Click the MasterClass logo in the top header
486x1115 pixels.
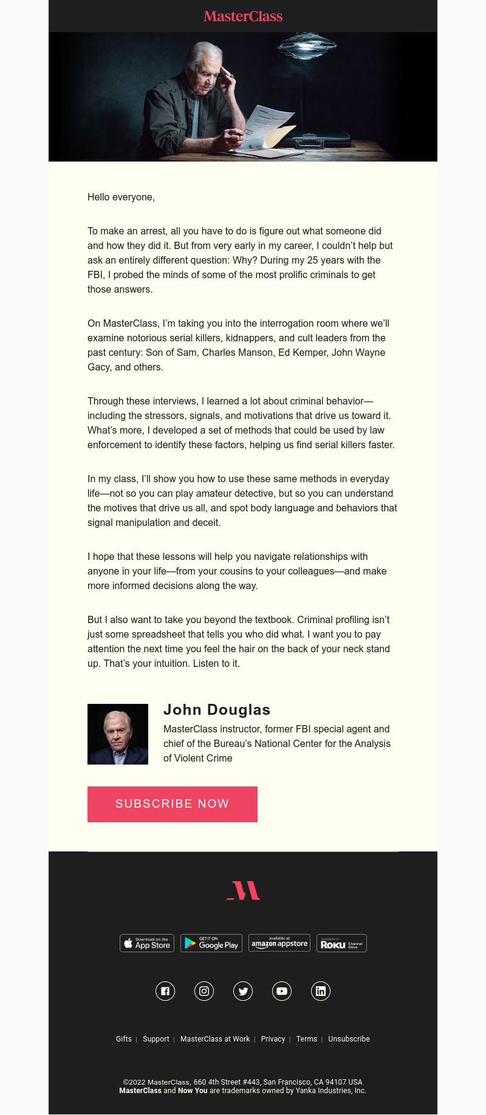click(x=243, y=16)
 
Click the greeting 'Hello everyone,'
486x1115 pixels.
click(x=121, y=197)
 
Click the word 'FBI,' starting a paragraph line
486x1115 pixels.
click(x=96, y=274)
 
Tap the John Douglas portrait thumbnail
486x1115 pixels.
click(x=118, y=734)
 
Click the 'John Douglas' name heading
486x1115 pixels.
click(x=217, y=709)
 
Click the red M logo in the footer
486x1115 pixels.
click(x=243, y=890)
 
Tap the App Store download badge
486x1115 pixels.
click(x=147, y=943)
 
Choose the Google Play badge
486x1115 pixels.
click(x=211, y=943)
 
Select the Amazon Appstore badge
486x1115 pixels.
click(x=279, y=943)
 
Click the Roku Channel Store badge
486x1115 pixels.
click(x=341, y=943)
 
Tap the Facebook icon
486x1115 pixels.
click(x=165, y=991)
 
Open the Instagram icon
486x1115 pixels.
click(x=204, y=991)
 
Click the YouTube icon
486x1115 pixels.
click(x=282, y=991)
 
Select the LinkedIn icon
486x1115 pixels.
click(x=321, y=991)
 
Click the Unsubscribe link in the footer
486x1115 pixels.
click(x=349, y=1039)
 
